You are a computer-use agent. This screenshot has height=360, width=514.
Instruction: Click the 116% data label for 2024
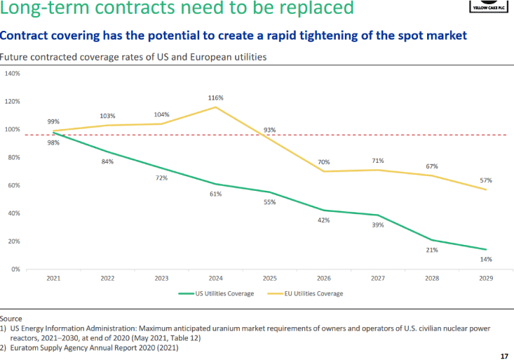[216, 98]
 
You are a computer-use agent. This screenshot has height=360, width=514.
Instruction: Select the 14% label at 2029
[485, 259]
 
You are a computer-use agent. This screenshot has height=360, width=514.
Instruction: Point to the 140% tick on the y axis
[13, 73]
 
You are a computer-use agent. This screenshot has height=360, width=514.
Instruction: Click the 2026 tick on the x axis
[324, 278]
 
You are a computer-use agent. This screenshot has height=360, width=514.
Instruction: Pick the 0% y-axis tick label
[15, 269]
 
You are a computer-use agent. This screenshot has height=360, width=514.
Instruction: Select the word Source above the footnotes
[11, 319]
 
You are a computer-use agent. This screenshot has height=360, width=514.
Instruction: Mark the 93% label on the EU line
[270, 130]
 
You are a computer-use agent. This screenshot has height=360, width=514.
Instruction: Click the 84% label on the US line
[107, 161]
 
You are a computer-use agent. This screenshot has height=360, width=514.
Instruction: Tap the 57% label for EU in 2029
[485, 180]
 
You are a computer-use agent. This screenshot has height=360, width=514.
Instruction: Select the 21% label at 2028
[432, 249]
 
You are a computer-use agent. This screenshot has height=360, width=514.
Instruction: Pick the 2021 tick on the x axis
[53, 278]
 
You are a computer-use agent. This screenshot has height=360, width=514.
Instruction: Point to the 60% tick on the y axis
[14, 185]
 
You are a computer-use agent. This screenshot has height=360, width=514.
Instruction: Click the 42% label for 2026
[324, 220]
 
